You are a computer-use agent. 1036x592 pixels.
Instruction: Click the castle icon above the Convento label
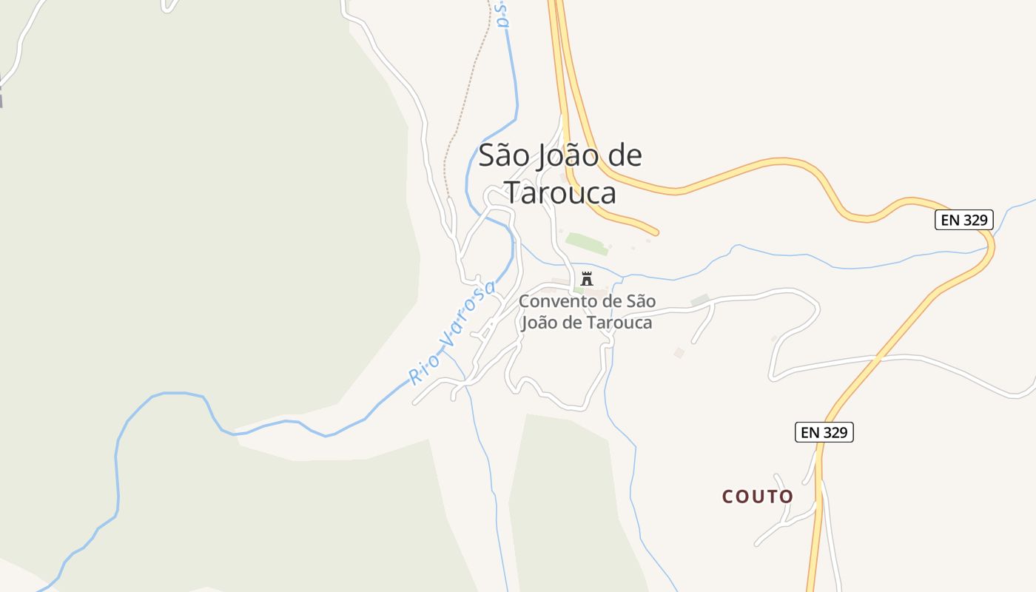pyautogui.click(x=587, y=279)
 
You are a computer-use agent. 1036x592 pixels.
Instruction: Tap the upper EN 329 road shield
pyautogui.click(x=963, y=220)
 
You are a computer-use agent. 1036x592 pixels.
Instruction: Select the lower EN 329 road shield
pyautogui.click(x=824, y=432)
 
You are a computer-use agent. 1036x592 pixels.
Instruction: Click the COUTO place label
pyautogui.click(x=758, y=497)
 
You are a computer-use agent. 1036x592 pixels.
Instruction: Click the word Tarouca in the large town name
pyautogui.click(x=561, y=192)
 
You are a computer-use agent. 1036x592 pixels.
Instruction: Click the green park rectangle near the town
pyautogui.click(x=587, y=243)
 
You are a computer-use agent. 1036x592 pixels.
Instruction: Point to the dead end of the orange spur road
pyautogui.click(x=656, y=232)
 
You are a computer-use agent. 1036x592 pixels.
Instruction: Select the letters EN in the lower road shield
pyautogui.click(x=810, y=432)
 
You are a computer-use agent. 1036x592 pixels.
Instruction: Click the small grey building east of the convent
pyautogui.click(x=700, y=300)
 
